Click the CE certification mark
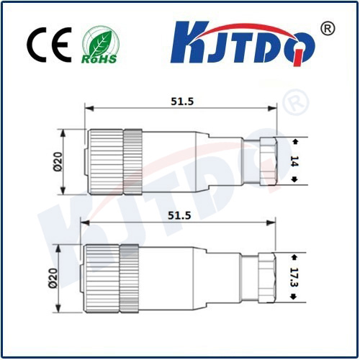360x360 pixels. click(x=50, y=45)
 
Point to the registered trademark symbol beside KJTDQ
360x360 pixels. click(x=327, y=28)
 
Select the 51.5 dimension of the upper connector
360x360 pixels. click(x=181, y=101)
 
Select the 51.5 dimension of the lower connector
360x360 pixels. click(x=181, y=215)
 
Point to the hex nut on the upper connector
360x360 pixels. click(x=266, y=162)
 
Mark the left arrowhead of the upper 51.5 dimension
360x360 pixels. click(x=88, y=109)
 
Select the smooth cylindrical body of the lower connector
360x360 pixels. click(x=166, y=278)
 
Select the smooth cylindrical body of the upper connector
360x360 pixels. click(x=169, y=162)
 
